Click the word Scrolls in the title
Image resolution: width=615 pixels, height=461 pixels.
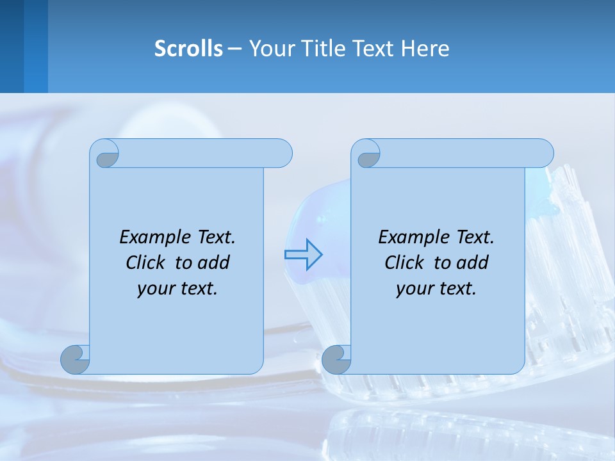tap(188, 48)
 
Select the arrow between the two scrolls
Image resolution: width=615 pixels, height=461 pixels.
tap(303, 254)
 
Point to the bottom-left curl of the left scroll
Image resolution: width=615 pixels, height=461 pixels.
tap(76, 359)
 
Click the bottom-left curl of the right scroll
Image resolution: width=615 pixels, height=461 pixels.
tap(336, 359)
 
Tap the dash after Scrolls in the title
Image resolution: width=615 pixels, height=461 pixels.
tap(234, 48)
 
